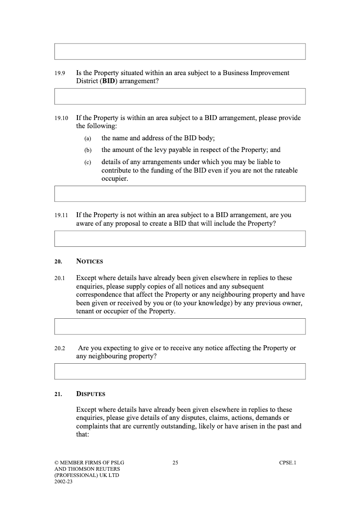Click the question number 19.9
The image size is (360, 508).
pos(60,73)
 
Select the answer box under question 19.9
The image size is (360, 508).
pos(180,96)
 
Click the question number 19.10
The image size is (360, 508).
pos(61,119)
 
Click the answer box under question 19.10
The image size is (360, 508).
pos(180,194)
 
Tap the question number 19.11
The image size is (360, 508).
pos(61,216)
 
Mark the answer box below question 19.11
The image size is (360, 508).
pos(180,239)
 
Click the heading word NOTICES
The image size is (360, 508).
pos(90,261)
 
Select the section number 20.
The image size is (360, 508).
pos(58,262)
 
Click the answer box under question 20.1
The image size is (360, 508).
pos(180,326)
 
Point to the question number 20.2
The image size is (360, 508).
pos(60,348)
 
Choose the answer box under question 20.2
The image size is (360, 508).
pos(180,371)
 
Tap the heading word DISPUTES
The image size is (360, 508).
pos(90,394)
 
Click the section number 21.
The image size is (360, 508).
pos(58,394)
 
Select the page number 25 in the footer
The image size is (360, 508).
pos(175,463)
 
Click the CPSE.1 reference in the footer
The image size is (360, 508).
pos(288,463)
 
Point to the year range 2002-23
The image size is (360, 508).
pos(63,481)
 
